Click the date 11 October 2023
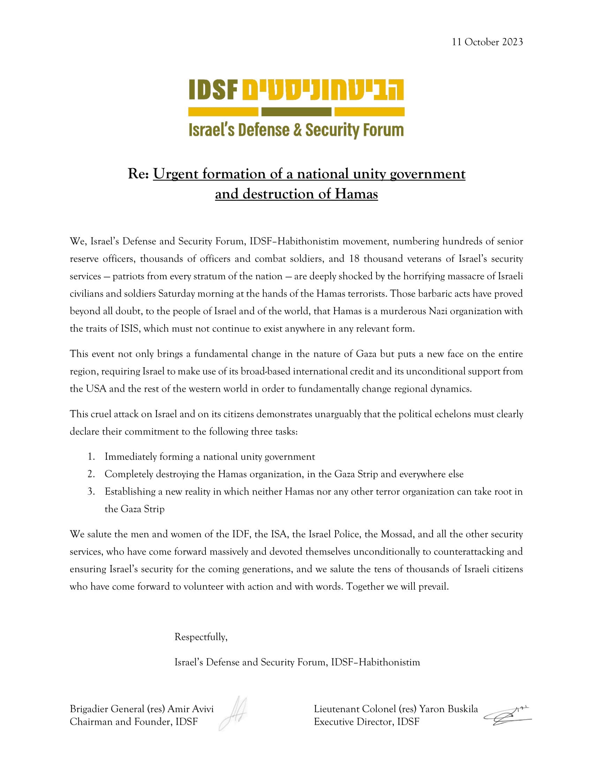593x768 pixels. pos(487,42)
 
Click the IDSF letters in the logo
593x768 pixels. pos(213,90)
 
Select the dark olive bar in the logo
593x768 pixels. pos(296,112)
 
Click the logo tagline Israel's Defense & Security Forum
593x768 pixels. pos(296,130)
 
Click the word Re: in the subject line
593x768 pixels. pos(139,174)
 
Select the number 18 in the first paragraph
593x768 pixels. pos(354,259)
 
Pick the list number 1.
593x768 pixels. pos(91,457)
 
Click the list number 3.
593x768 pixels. pos(91,492)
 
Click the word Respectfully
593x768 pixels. pos(201,637)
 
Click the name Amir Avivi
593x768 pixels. pos(190,709)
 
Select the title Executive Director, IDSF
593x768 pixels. pos(366,722)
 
